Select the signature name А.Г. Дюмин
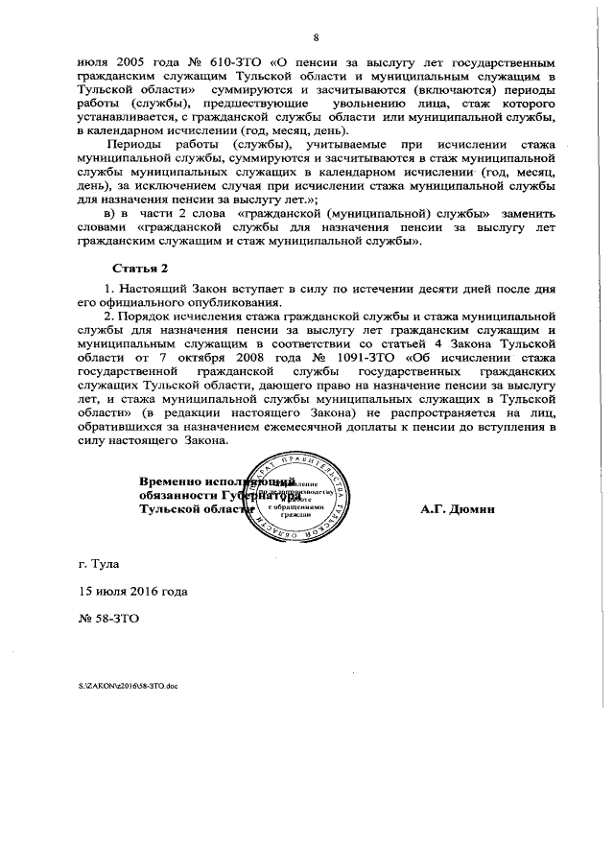tap(457, 509)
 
